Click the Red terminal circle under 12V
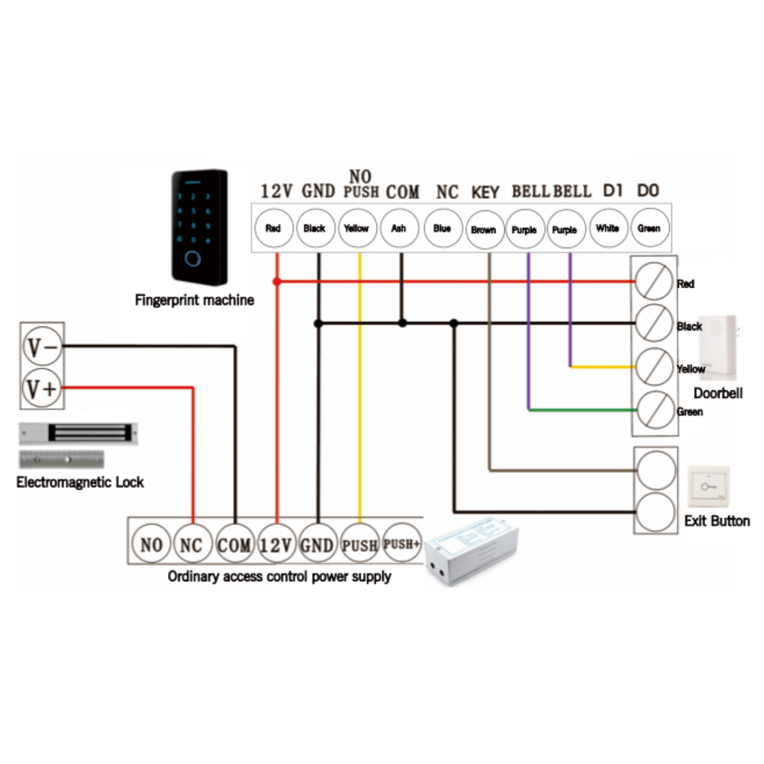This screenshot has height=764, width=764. click(274, 228)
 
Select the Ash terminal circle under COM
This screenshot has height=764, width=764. click(399, 228)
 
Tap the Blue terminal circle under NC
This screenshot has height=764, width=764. click(443, 228)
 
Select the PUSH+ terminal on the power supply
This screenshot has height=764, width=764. click(402, 544)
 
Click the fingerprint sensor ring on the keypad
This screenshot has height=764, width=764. click(193, 259)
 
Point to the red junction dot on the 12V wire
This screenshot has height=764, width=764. click(277, 282)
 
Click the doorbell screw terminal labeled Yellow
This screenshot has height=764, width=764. click(654, 367)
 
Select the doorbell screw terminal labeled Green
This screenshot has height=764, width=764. click(656, 410)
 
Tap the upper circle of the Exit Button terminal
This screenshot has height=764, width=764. click(656, 470)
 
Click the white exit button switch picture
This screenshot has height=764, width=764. click(709, 486)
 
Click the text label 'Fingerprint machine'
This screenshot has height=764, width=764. click(194, 300)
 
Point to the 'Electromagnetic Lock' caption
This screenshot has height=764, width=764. click(80, 482)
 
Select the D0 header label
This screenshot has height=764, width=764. click(648, 190)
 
